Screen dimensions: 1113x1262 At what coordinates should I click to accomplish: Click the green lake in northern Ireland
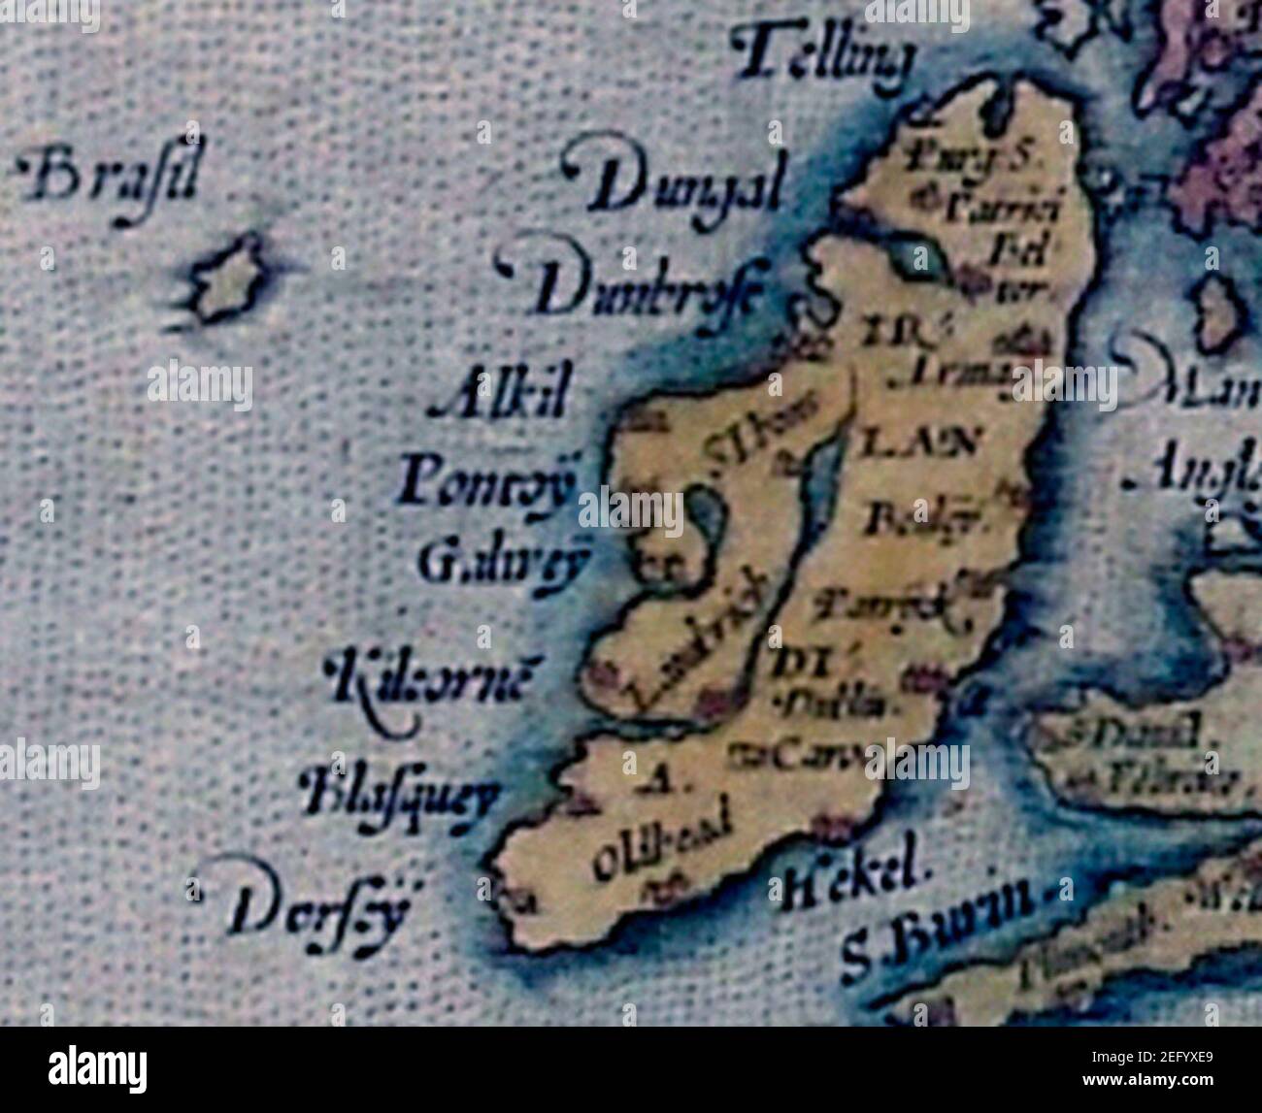tap(917, 257)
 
